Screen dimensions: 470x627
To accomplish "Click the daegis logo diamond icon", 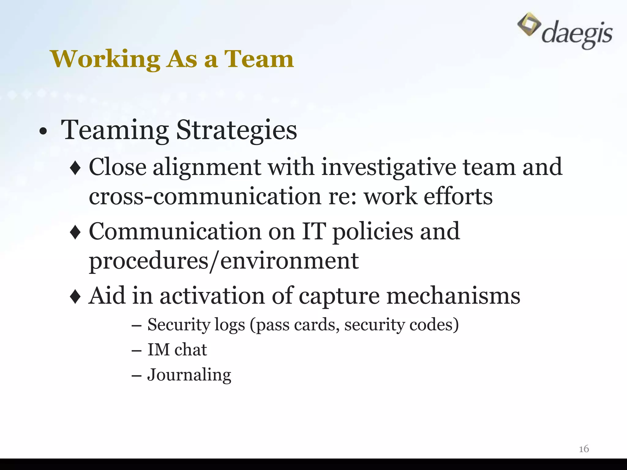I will [529, 24].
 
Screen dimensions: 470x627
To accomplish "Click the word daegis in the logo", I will [577, 35].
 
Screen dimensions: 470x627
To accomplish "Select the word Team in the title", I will [259, 59].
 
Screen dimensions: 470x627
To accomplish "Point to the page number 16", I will [584, 449].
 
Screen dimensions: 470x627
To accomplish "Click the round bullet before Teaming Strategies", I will [43, 132].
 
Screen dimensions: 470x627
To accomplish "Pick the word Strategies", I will [236, 130].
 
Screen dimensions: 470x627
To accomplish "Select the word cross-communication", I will [205, 196].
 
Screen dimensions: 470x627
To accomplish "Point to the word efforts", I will [458, 196].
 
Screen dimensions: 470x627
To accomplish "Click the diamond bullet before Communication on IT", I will [75, 233].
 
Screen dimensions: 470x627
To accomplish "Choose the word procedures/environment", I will [223, 261].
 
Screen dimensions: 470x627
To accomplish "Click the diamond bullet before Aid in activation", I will [75, 297].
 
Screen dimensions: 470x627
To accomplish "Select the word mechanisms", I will [453, 296].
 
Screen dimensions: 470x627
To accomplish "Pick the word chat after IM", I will [190, 349].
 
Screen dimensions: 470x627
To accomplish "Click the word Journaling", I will [189, 375].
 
